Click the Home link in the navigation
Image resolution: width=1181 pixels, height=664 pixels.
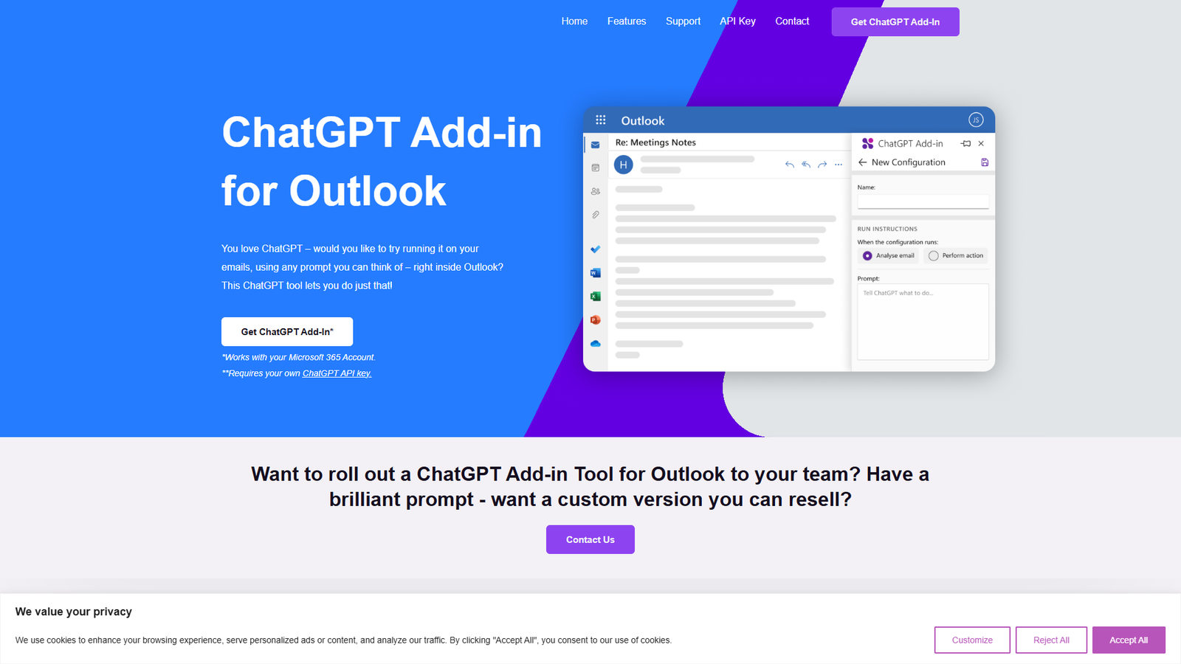point(574,21)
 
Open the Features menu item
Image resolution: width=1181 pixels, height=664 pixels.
point(627,21)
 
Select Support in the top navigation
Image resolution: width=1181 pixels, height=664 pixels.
point(683,21)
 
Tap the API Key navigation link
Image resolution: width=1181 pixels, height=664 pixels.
point(737,21)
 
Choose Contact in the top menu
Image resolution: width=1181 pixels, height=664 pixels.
point(792,21)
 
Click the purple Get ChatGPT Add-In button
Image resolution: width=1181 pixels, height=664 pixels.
point(895,22)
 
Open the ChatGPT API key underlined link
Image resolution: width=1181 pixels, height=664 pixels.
point(337,373)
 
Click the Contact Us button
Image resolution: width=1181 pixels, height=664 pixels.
point(590,539)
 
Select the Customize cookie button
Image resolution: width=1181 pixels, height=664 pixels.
point(972,640)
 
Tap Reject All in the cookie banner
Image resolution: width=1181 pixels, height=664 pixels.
point(1051,640)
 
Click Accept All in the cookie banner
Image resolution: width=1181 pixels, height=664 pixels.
point(1128,640)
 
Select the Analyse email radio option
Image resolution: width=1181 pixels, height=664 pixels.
point(867,256)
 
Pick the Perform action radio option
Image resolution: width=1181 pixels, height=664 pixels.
point(934,256)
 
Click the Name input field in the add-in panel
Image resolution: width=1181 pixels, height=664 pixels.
point(923,201)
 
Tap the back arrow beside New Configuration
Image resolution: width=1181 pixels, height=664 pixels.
point(862,162)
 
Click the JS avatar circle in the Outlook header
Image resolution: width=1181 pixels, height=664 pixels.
point(976,120)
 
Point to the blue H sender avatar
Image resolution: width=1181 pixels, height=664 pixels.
point(624,165)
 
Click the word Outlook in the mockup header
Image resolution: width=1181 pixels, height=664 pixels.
point(642,121)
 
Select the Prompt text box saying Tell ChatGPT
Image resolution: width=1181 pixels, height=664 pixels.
point(923,322)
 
